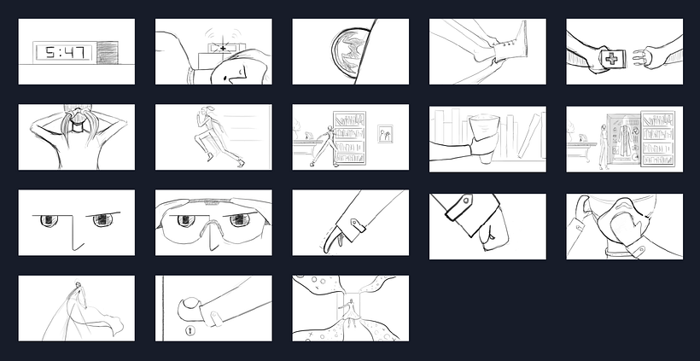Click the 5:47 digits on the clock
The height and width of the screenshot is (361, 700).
click(x=65, y=53)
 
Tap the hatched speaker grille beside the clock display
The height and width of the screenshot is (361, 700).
click(x=108, y=52)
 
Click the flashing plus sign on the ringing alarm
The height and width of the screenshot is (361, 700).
click(x=223, y=48)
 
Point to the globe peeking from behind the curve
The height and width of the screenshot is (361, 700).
click(x=351, y=51)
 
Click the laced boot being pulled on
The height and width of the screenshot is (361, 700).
click(x=509, y=44)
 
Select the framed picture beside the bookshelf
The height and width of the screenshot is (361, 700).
click(x=385, y=134)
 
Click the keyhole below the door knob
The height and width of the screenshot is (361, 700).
click(x=190, y=330)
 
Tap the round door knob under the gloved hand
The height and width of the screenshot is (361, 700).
click(x=191, y=308)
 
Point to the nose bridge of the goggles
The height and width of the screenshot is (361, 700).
click(x=212, y=232)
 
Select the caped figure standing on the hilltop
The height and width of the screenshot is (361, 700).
click(x=80, y=300)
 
